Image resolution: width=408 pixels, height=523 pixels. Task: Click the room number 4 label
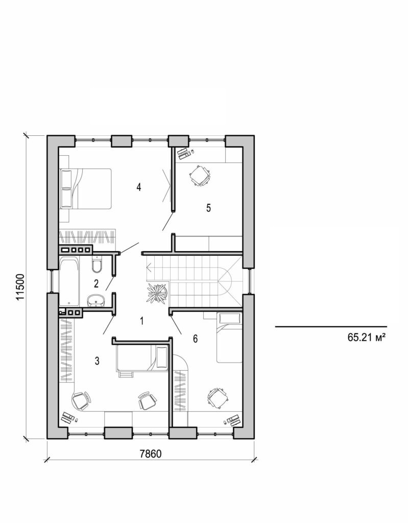tap(138, 187)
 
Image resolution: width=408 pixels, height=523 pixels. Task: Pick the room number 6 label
tap(195, 339)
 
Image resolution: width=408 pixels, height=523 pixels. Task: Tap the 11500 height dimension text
tap(20, 290)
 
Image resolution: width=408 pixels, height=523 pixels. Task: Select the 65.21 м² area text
tap(366, 337)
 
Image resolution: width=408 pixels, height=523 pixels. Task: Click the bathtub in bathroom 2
tap(69, 282)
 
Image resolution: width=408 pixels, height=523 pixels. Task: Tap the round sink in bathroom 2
tap(94, 301)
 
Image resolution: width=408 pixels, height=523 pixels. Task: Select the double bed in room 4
tap(85, 188)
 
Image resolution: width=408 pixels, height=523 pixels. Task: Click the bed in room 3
tap(142, 358)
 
